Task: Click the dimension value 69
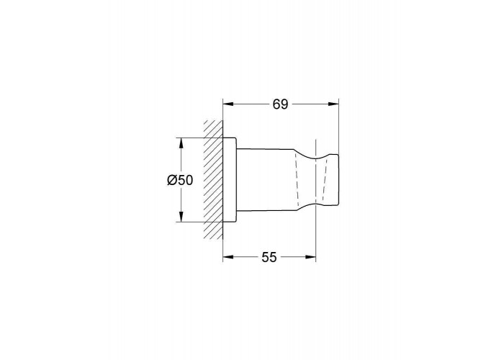pos(280,104)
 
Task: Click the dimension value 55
pos(269,257)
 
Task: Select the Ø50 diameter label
pos(179,181)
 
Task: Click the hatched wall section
pos(213,180)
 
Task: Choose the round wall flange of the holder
pos(229,180)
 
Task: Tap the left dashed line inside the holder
pos(295,180)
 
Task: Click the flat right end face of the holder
pos(338,180)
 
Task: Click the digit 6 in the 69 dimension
pos(276,104)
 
